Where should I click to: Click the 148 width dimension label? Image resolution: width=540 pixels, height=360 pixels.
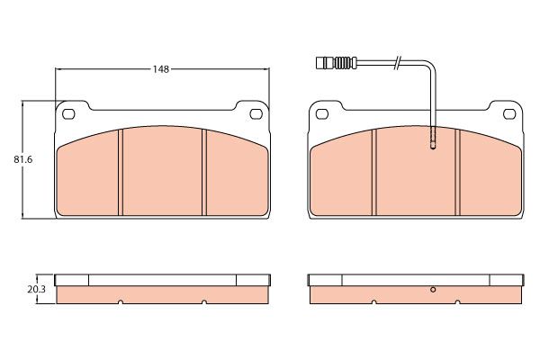(161, 69)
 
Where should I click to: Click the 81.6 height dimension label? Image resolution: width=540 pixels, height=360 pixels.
(23, 160)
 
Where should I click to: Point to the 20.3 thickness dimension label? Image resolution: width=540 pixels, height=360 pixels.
(36, 290)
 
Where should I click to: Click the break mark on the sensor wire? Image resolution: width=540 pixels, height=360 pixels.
(397, 63)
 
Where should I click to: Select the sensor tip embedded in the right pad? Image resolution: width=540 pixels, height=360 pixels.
(433, 139)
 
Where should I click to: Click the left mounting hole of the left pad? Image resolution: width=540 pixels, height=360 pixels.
(68, 113)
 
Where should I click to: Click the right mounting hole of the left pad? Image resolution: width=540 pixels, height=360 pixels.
(256, 113)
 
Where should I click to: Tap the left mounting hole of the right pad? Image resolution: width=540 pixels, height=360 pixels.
(322, 113)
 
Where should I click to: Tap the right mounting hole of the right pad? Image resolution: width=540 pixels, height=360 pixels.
(509, 113)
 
